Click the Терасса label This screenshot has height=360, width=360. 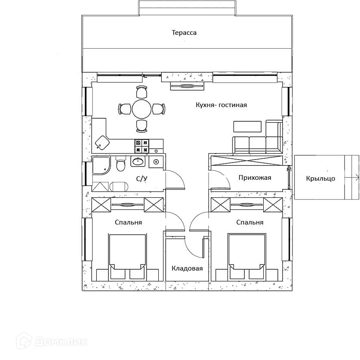[184, 33]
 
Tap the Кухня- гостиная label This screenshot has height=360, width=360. [222, 105]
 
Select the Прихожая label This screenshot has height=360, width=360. [255, 178]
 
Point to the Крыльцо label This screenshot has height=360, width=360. [320, 178]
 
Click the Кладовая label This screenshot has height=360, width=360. [187, 268]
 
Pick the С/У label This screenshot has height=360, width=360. [142, 178]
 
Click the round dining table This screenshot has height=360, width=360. [142, 109]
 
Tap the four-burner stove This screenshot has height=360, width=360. [142, 146]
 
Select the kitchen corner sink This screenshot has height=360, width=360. [102, 142]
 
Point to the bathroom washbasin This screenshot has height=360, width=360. [138, 161]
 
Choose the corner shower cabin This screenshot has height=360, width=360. [101, 166]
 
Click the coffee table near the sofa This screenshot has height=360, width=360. [247, 126]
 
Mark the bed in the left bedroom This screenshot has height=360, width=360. [128, 257]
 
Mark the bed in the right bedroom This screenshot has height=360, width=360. [247, 257]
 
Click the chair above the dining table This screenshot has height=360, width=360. [142, 92]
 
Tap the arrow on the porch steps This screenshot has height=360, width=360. [351, 177]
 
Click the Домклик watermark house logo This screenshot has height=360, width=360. [24, 341]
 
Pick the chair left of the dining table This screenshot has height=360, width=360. [124, 109]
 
